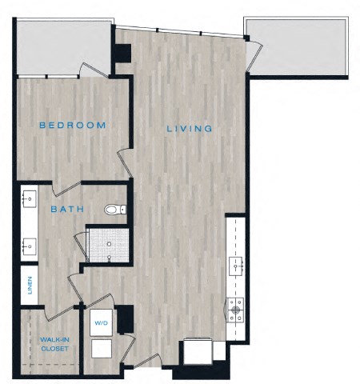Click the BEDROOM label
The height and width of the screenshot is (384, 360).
(72, 126)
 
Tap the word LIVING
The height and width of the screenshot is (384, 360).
(190, 129)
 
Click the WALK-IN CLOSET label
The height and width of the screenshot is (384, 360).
(53, 345)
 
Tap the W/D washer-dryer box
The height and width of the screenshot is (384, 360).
(102, 324)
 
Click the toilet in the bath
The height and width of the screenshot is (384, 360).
(115, 210)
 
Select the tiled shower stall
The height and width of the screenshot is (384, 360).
(107, 245)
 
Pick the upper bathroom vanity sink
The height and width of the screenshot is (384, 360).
(29, 197)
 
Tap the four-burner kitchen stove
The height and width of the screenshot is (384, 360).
(237, 306)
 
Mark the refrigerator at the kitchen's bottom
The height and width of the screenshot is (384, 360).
(197, 352)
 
